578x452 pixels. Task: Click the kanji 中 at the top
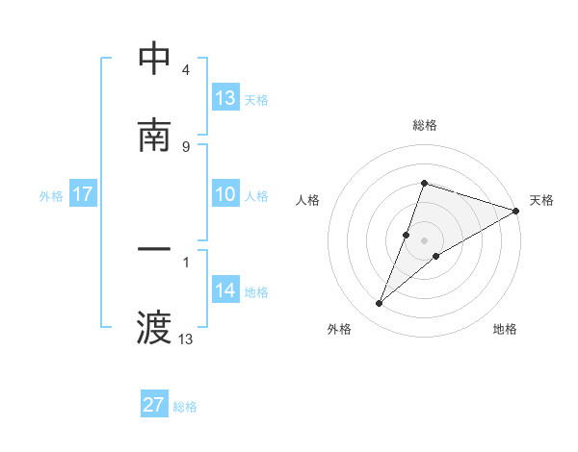tap(155, 59)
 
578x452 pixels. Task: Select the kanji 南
tap(155, 136)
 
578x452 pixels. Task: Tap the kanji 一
tap(155, 251)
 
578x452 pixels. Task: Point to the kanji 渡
tap(155, 328)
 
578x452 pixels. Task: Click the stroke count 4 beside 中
tap(185, 70)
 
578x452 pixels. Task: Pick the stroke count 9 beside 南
tap(185, 146)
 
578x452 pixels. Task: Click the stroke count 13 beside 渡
tap(186, 339)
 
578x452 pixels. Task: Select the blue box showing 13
tap(225, 98)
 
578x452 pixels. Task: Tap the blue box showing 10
tap(225, 194)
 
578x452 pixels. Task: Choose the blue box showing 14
tap(225, 290)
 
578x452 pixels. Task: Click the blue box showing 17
tap(83, 194)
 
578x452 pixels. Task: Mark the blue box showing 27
tap(154, 405)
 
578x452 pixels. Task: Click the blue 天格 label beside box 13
tap(256, 100)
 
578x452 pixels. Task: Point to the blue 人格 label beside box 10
tap(256, 196)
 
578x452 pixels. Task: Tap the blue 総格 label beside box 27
tap(185, 407)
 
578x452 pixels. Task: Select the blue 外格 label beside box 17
tap(51, 196)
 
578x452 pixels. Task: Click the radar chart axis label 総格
tap(425, 125)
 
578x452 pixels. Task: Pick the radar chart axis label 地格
tap(505, 329)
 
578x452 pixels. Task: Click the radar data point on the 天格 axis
tap(516, 212)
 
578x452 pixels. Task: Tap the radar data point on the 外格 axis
tap(380, 304)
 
